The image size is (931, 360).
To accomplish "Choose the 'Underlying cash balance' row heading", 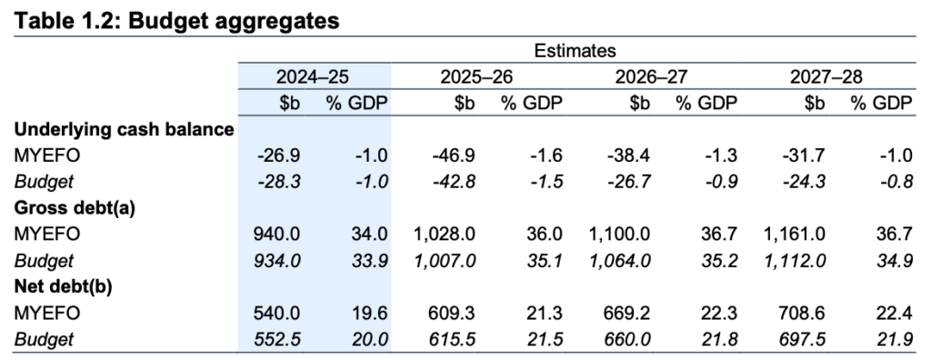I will tap(125, 129).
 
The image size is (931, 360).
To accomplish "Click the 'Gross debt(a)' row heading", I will tap(75, 207).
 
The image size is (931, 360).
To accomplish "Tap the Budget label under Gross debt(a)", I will tap(43, 260).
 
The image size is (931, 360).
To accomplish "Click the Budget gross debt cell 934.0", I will tap(280, 260).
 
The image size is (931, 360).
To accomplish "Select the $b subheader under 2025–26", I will tap(464, 104).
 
